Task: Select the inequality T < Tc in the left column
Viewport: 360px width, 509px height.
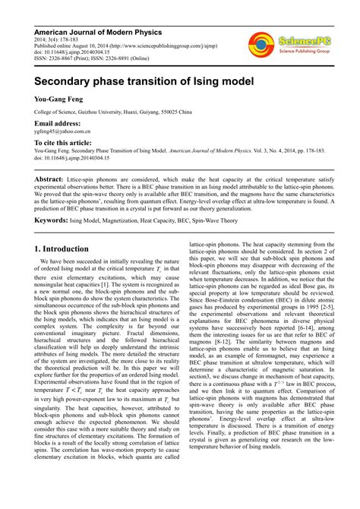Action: point(78,409)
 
